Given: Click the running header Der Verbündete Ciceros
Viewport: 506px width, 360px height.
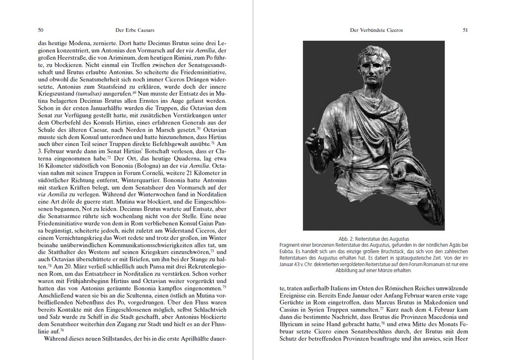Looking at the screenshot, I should (377, 30).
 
